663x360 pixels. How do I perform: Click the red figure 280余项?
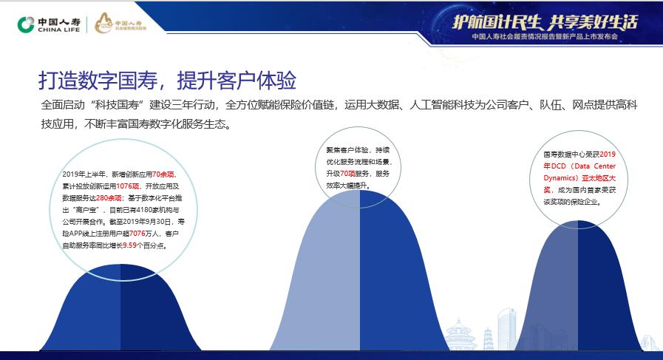tap(109, 199)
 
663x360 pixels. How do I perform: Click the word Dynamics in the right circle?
tap(560, 177)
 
